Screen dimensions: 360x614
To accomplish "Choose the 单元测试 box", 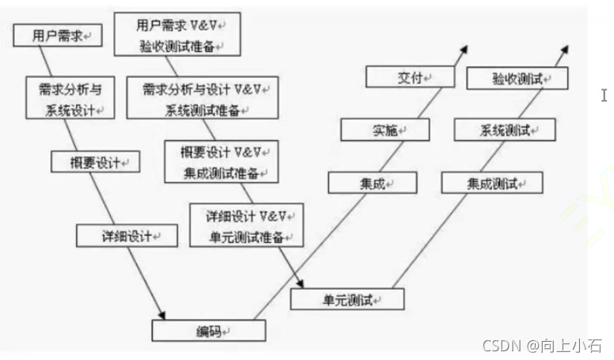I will coord(347,299).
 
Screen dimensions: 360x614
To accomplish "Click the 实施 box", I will coord(385,130).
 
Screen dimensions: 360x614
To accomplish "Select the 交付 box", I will coord(410,77).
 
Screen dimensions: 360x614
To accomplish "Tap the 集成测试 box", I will coord(492,184).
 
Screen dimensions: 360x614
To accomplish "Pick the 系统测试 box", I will coord(505,130).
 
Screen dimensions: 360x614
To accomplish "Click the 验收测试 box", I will coord(517,78).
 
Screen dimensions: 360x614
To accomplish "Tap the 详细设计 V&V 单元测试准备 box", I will coord(245,225).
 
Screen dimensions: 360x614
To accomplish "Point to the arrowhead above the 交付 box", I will coord(462,49).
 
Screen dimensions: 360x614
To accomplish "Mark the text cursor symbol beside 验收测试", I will coord(604,96).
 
